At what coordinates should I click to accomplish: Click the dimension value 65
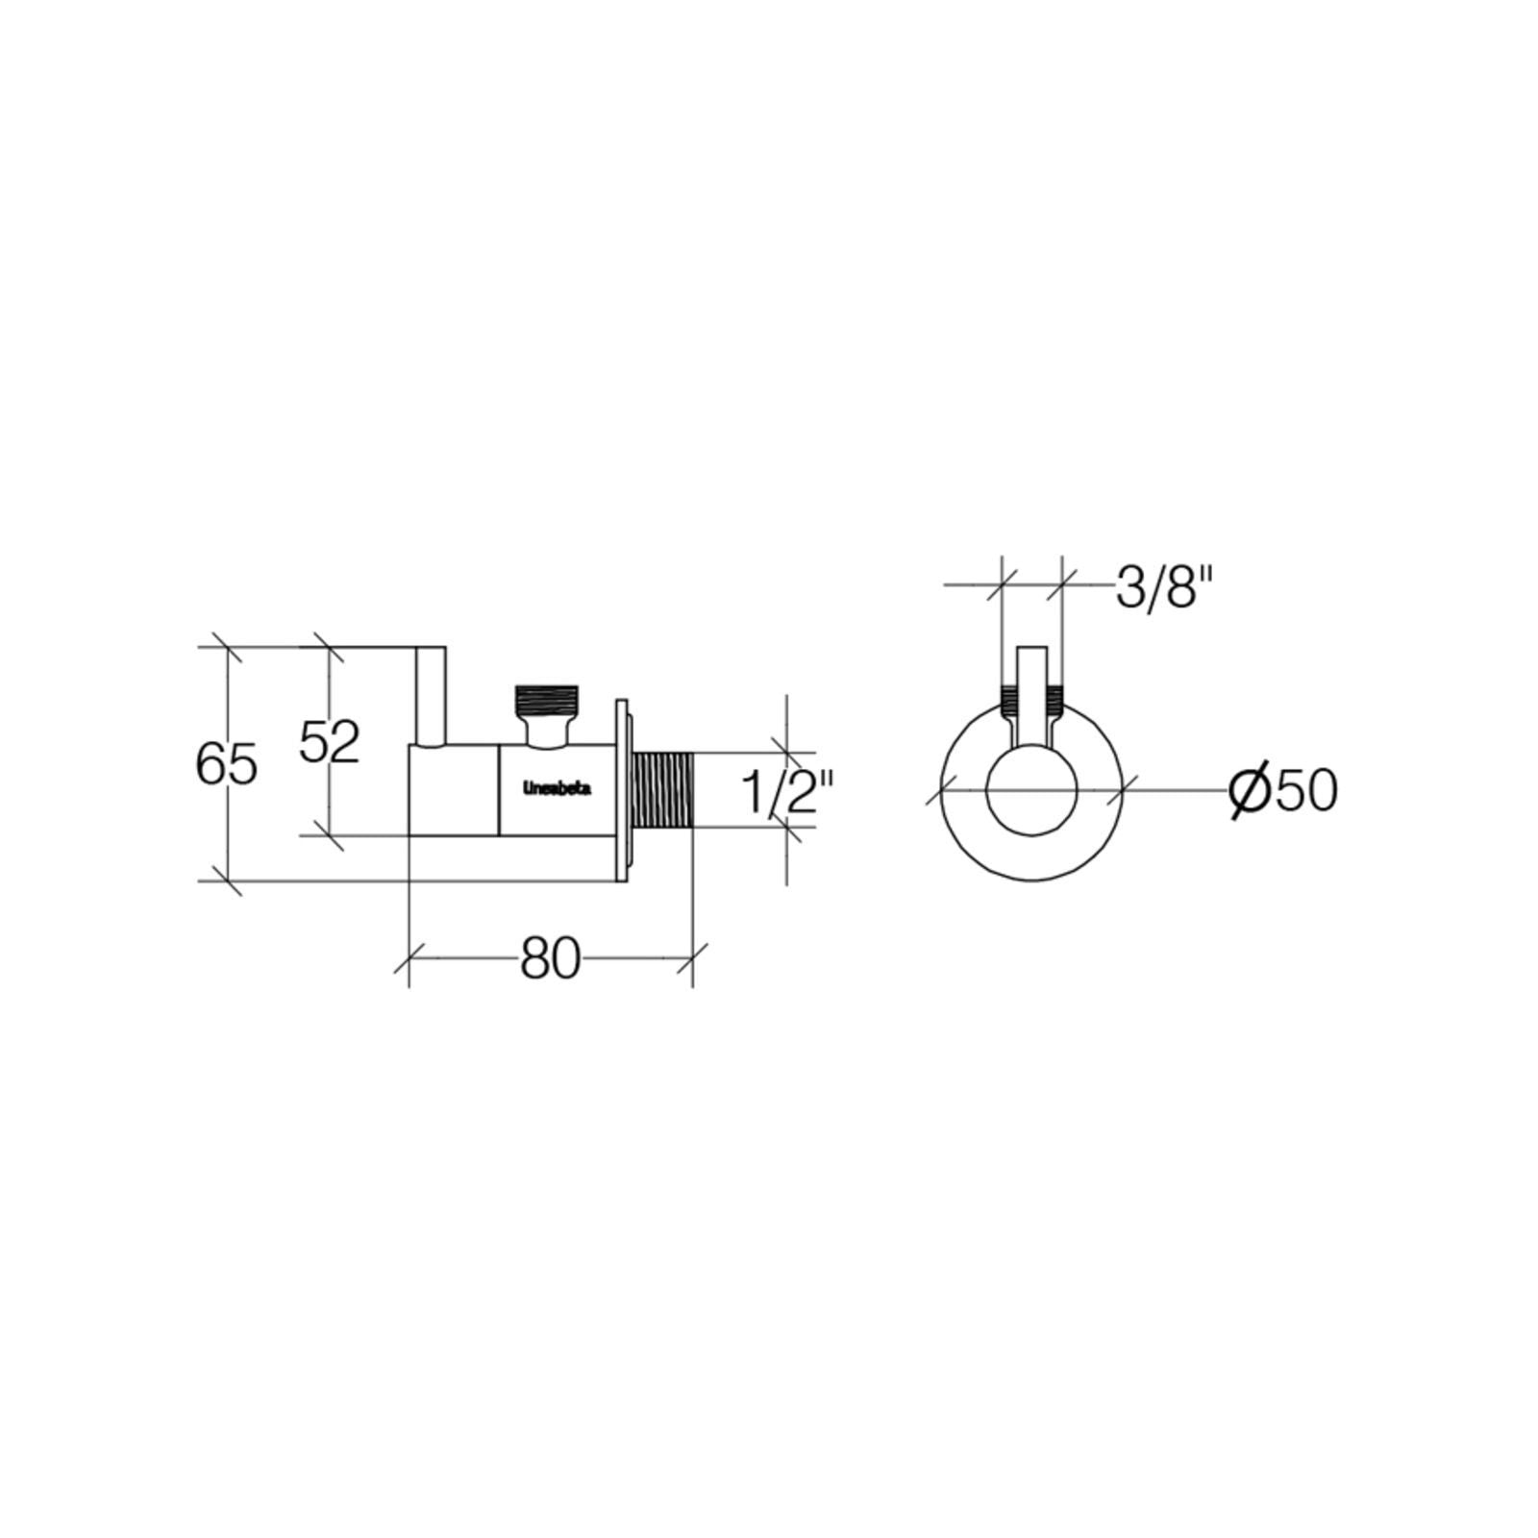(x=227, y=765)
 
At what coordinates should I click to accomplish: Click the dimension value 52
(x=329, y=741)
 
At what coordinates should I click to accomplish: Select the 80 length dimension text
(x=551, y=958)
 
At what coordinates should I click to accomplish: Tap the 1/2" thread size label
(x=786, y=792)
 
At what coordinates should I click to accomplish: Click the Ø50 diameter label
(x=1284, y=790)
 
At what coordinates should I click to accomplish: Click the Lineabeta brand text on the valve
(x=557, y=788)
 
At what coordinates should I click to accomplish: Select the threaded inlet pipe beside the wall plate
(x=661, y=790)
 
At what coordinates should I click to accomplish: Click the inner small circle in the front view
(x=1031, y=790)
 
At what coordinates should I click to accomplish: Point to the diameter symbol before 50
(x=1251, y=790)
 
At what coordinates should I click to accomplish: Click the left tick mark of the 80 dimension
(x=409, y=958)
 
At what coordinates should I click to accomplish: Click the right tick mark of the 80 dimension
(x=692, y=958)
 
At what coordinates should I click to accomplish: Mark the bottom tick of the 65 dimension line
(x=227, y=880)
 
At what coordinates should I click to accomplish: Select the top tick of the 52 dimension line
(x=329, y=648)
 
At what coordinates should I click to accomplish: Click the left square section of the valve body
(x=454, y=790)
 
